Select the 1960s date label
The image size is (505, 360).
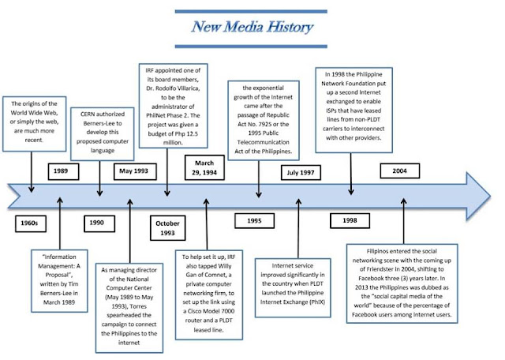(x=31, y=223)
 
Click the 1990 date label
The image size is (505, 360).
(x=97, y=223)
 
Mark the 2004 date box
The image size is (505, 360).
(x=400, y=171)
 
